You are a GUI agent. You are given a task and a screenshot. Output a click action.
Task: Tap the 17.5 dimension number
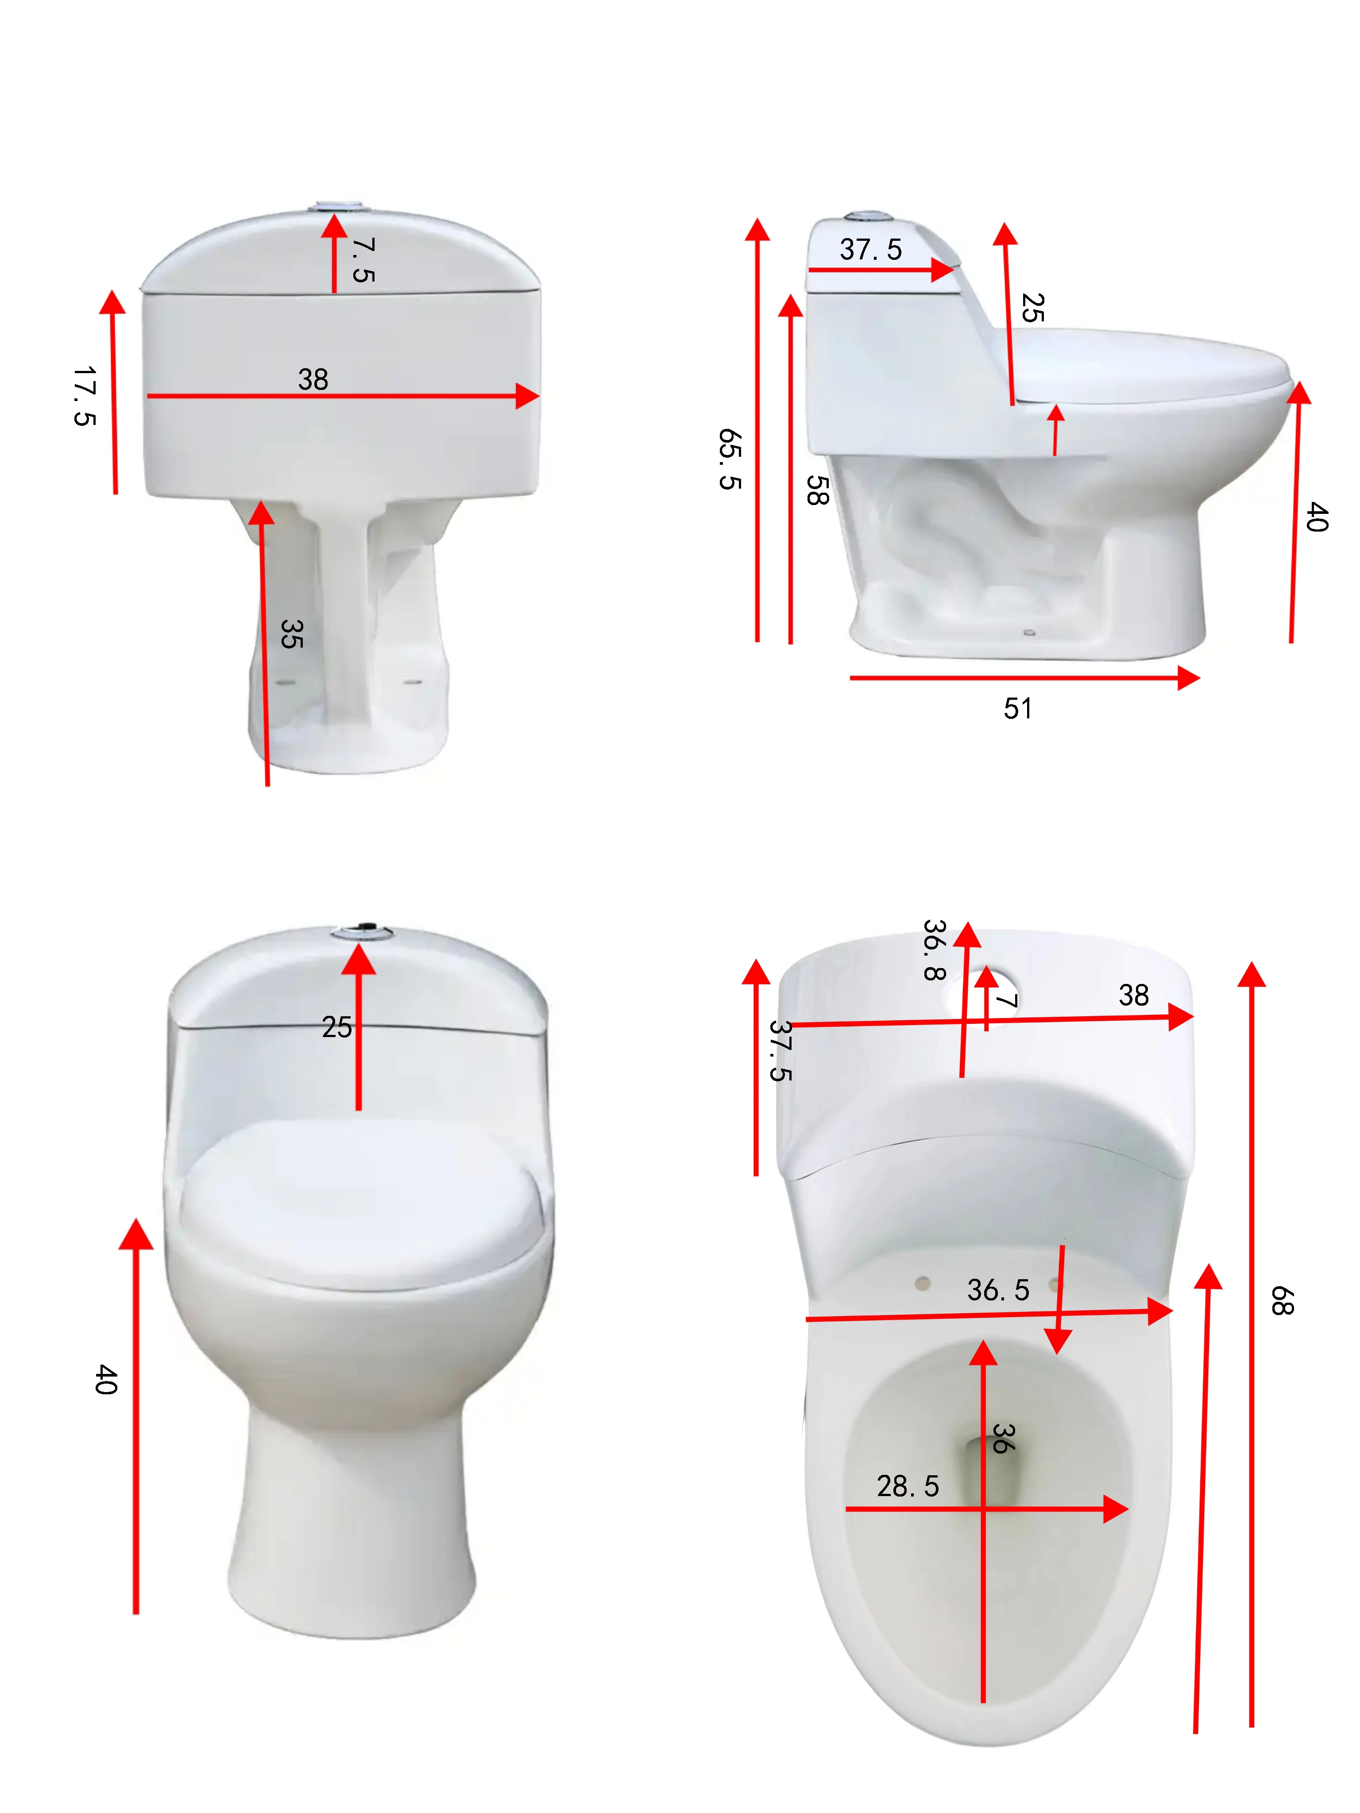pos(85,395)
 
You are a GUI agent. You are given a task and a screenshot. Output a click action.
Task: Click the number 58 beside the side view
pos(817,490)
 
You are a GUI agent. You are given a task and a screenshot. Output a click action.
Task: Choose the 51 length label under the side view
pos(1017,708)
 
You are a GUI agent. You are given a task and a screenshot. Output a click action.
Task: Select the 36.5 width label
pos(998,1290)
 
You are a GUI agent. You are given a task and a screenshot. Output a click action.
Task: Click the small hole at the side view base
pos(1030,632)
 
